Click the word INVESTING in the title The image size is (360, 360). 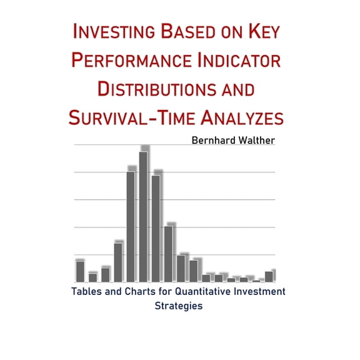pos(116,31)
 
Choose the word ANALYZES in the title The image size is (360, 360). pos(243,117)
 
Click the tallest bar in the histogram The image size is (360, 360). pos(143,216)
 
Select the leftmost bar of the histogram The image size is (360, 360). pos(80,271)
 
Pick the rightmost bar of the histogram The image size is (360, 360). pos(269,276)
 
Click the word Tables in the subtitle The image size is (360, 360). pos(87,292)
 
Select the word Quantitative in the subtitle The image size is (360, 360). pos(201,292)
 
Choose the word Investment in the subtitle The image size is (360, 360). pos(261,292)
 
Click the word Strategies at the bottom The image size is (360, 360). pos(179,306)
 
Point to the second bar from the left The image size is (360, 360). pos(92,277)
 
